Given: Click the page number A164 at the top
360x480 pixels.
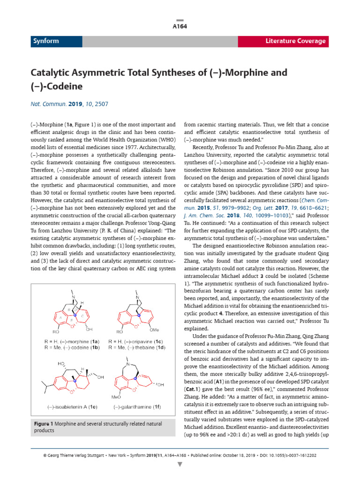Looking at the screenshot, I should [180, 26].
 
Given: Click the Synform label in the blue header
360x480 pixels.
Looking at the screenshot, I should [46, 41].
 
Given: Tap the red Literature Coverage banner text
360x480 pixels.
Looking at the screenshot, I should [295, 41].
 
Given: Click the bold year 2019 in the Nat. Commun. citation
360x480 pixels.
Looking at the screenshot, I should [75, 104].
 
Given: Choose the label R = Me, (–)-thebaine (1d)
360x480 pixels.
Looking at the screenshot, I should [136, 347].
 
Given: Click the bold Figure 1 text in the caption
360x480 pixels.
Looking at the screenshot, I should [45, 424].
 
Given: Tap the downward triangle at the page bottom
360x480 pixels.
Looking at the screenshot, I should [180, 465].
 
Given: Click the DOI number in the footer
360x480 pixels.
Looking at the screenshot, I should [303, 455].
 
